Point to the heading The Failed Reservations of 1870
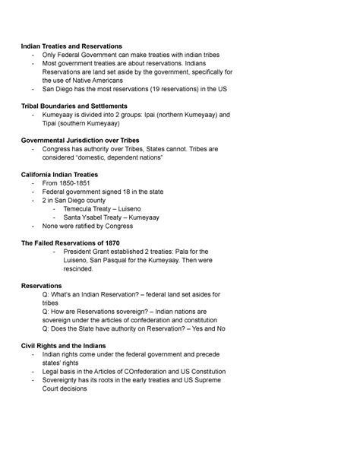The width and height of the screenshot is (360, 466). tap(74, 242)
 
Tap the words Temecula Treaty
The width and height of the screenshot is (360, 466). tap(93, 208)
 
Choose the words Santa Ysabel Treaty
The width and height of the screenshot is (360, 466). tap(96, 217)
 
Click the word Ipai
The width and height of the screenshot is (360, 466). tap(156, 115)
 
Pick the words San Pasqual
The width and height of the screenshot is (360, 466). tap(114, 260)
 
